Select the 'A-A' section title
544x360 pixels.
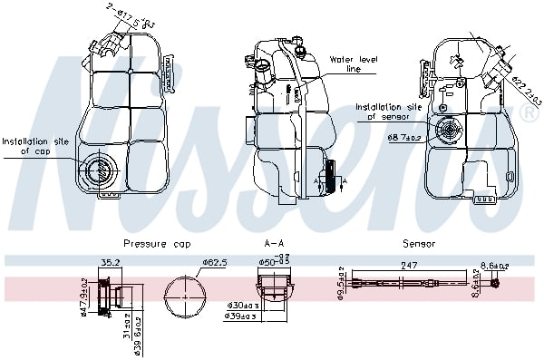tap(273, 243)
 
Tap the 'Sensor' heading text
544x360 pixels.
tap(419, 243)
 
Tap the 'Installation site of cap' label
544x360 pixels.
tap(34, 147)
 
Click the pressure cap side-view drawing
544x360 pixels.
tap(114, 297)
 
